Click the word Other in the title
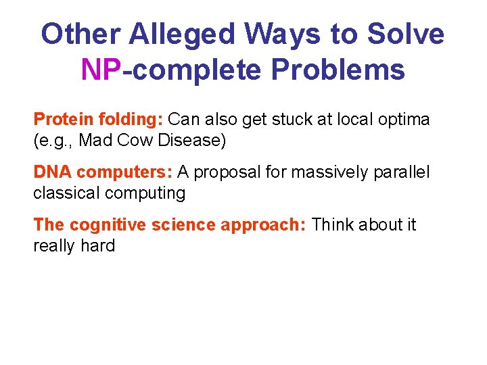click(80, 34)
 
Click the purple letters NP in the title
click(101, 69)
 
